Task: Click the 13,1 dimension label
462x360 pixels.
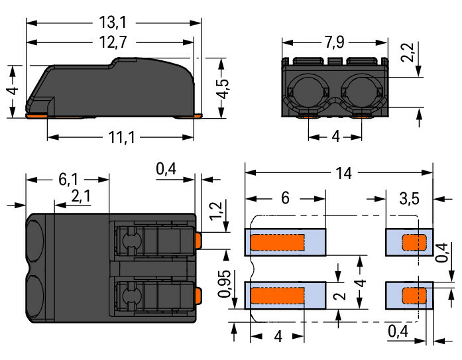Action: click(x=113, y=23)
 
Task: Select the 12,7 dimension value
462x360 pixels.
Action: click(x=113, y=42)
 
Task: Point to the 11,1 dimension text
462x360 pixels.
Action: click(x=121, y=137)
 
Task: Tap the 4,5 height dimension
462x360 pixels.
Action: click(x=223, y=88)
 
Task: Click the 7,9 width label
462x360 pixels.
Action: click(x=335, y=42)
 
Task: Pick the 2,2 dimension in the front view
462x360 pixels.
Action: click(x=408, y=53)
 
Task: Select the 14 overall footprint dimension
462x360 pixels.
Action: click(x=343, y=173)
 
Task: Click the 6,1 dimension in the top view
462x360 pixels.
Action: click(x=68, y=180)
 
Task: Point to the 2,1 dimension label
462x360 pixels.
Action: click(x=81, y=196)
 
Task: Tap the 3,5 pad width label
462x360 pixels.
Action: click(x=410, y=198)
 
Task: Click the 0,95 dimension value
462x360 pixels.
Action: click(x=224, y=284)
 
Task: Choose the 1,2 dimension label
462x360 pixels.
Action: click(x=215, y=210)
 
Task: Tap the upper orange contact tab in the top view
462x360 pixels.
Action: click(x=198, y=240)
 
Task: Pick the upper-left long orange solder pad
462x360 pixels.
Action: click(x=277, y=242)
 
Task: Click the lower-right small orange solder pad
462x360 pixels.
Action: click(x=414, y=296)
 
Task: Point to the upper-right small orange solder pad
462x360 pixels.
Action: click(x=414, y=242)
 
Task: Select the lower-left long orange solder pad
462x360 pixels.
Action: click(x=277, y=296)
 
